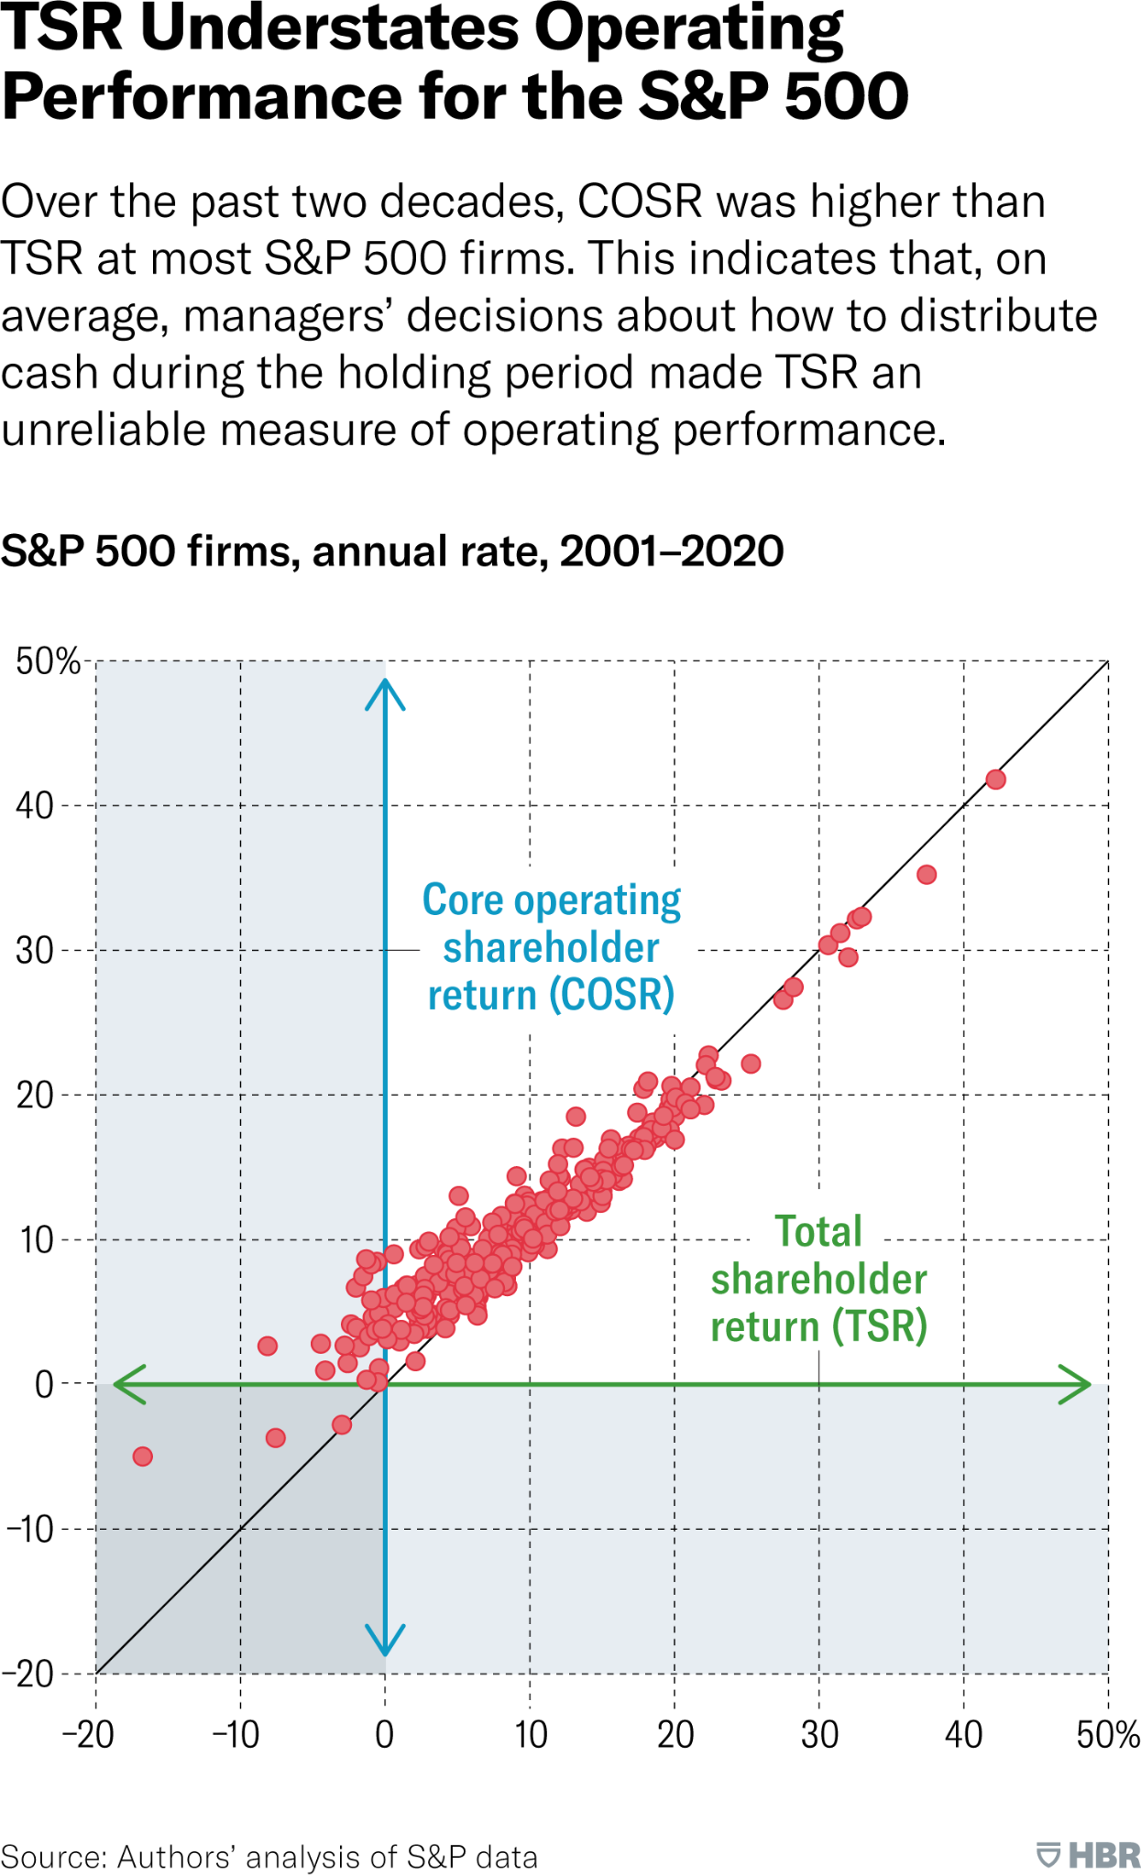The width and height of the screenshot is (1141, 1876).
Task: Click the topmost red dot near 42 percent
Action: (995, 780)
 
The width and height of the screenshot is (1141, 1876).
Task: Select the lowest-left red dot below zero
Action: (142, 1456)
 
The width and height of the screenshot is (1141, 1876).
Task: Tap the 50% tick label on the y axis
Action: (48, 661)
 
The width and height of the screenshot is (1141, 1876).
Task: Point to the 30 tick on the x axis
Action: (819, 1735)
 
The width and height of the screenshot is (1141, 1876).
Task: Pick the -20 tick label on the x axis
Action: (88, 1735)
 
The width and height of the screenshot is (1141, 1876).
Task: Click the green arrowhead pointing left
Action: (129, 1384)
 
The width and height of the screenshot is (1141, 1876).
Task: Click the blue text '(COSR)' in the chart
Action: (611, 995)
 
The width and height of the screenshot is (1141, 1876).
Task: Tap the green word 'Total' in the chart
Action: (818, 1232)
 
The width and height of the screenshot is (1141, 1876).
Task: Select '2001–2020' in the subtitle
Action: (671, 551)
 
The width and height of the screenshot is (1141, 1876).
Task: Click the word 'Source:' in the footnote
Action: (54, 1857)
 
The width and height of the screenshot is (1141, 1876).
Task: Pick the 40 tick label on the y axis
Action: (34, 806)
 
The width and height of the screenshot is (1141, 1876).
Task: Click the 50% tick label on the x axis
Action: (1107, 1735)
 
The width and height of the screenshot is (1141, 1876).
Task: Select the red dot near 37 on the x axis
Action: (927, 875)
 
